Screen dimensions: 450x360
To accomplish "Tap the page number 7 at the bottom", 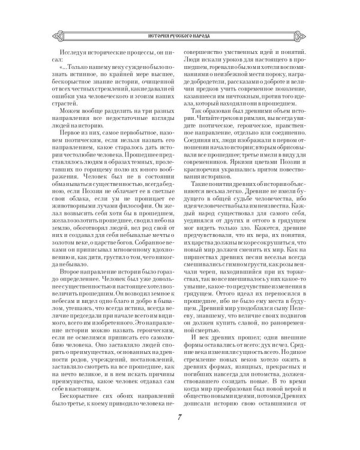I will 179,418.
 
